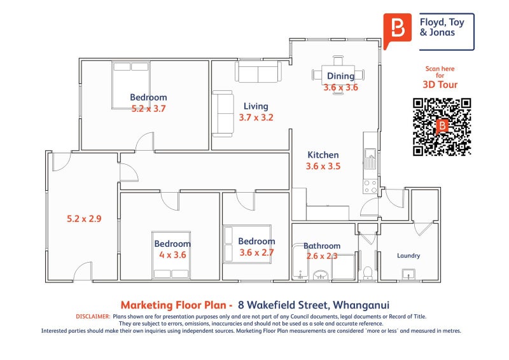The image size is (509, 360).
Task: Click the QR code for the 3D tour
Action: click(442, 127)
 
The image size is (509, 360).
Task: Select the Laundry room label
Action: click(408, 256)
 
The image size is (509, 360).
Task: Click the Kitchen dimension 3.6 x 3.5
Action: click(323, 166)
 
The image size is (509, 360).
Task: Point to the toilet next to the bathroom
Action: click(368, 272)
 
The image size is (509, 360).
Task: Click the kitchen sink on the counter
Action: click(370, 158)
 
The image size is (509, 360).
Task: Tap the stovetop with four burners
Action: click(370, 186)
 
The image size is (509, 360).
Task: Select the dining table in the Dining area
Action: click(338, 75)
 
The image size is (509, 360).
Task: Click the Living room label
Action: click(256, 106)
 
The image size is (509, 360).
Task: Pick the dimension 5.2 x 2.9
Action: click(84, 219)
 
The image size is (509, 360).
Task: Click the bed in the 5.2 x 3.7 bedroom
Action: click(131, 85)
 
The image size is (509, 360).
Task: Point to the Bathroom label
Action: click(322, 246)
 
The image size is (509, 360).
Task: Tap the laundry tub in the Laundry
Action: click(408, 274)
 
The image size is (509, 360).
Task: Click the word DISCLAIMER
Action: click(93, 317)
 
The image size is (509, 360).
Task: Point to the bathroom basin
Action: click(321, 275)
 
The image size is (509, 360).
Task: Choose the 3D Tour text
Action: click(440, 85)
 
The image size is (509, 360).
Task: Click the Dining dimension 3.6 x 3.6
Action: click(340, 87)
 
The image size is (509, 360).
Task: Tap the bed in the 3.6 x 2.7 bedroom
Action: click(247, 244)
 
